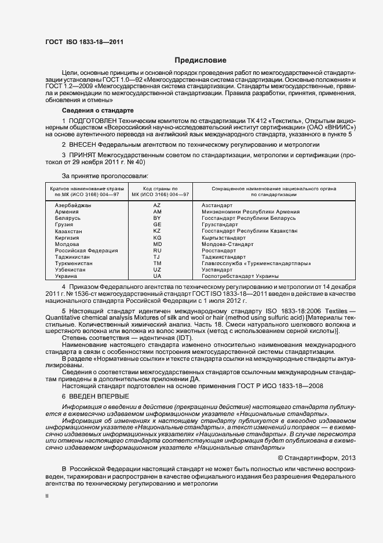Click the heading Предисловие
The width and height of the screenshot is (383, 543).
201,60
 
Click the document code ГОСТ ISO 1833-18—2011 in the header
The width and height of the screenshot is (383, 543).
84,42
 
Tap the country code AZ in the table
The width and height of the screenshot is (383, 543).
157,205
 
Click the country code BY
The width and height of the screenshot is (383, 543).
157,218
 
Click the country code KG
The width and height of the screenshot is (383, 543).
157,237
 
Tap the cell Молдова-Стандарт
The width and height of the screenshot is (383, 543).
227,244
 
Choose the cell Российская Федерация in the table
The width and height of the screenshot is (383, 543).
81,250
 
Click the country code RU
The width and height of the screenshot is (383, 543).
157,250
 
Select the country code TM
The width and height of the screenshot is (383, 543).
157,263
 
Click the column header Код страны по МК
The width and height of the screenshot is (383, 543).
157,192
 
